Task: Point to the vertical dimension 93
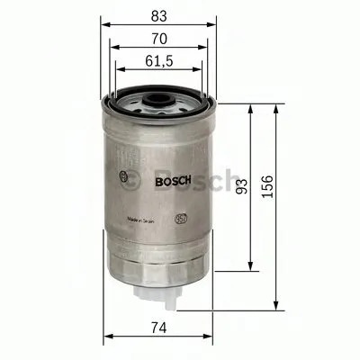240,185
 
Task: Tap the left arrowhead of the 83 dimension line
105,26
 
